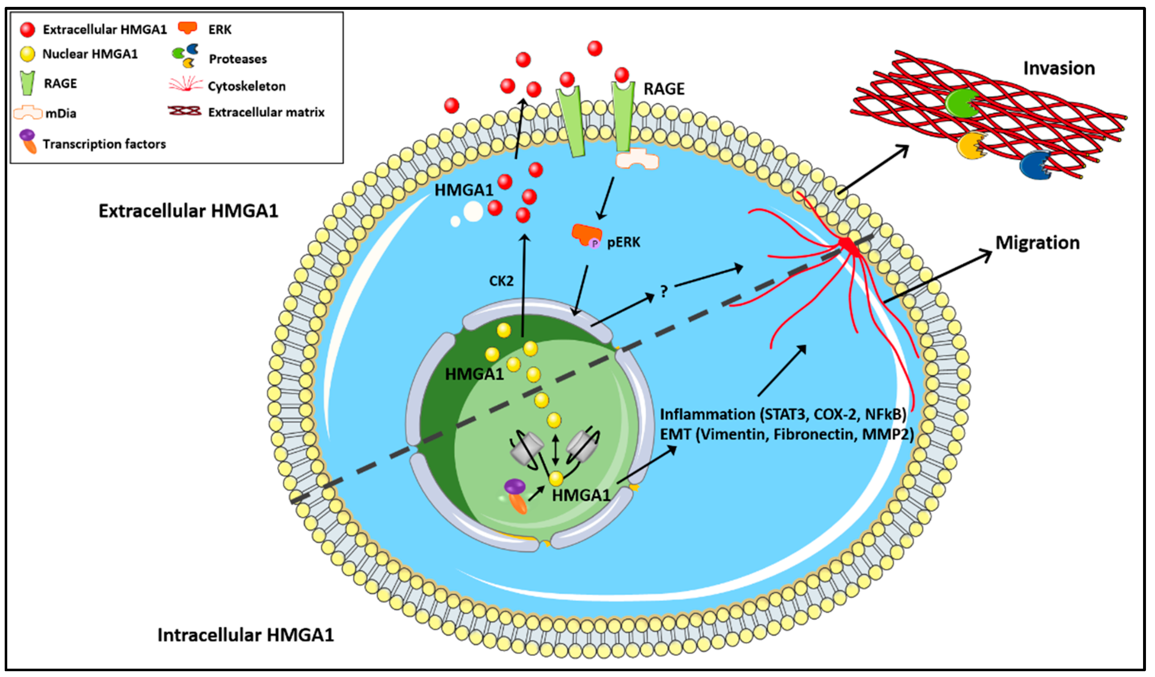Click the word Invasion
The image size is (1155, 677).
tap(1058, 68)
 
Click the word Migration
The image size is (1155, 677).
tap(1037, 243)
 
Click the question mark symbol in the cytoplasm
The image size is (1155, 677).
tap(664, 291)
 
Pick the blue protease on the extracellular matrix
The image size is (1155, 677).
tap(1035, 165)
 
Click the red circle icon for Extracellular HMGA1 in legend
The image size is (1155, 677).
tap(27, 29)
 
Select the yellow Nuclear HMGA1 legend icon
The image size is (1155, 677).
tap(27, 54)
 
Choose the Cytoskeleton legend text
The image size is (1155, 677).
tap(246, 86)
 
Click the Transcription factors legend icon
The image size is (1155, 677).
tap(29, 141)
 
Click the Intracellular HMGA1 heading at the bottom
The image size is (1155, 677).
tap(246, 635)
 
